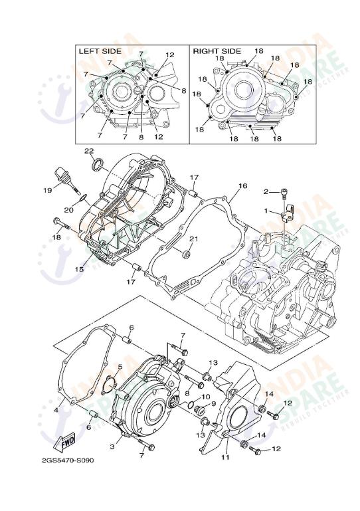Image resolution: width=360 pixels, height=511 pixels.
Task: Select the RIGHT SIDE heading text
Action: [x=217, y=51]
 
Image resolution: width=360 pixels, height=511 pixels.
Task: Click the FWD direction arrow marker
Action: [x=67, y=441]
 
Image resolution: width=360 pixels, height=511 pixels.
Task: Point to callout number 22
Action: [x=88, y=152]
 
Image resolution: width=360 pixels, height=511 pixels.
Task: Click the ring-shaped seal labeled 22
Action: [x=97, y=164]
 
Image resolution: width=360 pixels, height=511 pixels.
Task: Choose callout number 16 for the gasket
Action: [x=242, y=186]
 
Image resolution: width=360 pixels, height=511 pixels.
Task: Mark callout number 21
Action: [x=194, y=239]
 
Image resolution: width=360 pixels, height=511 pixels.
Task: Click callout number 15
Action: [x=80, y=269]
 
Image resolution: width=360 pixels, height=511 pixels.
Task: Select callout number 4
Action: [x=56, y=410]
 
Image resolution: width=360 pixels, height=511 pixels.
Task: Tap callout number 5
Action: [x=120, y=367]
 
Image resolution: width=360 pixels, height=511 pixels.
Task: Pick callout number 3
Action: [x=112, y=447]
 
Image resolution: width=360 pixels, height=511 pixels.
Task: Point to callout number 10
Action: [x=205, y=397]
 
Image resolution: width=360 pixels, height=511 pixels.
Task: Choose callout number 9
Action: [x=213, y=403]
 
